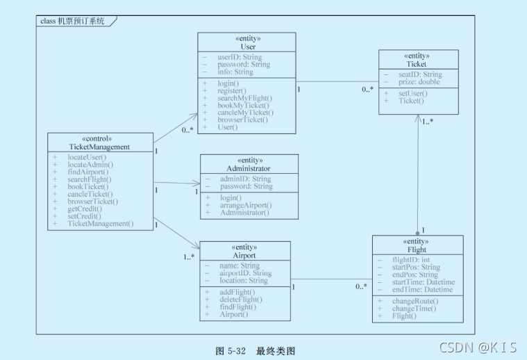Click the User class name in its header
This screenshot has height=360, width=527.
click(248, 47)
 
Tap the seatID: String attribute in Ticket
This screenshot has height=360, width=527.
click(420, 74)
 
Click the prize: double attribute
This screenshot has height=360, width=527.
click(419, 82)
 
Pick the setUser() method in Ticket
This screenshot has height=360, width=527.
click(412, 93)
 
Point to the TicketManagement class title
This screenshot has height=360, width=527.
click(99, 147)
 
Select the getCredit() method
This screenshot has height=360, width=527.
click(85, 208)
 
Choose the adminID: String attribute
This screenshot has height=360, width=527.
click(246, 179)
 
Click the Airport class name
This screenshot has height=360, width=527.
click(244, 255)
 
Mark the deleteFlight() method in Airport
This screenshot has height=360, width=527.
click(240, 300)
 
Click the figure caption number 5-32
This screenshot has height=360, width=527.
click(237, 351)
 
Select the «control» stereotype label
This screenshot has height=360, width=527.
click(99, 138)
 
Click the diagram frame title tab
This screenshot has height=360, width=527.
click(74, 21)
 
